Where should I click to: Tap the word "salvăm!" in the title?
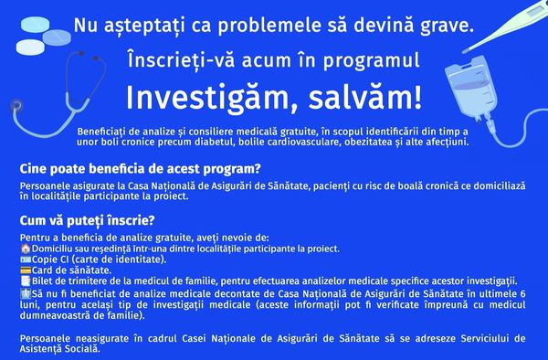pyautogui.click(x=365, y=98)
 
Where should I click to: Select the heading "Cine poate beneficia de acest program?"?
pyautogui.click(x=140, y=169)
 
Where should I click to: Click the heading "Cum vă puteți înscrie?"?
pyautogui.click(x=87, y=220)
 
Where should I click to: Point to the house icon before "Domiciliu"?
pyautogui.click(x=26, y=249)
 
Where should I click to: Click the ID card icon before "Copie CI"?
pyautogui.click(x=26, y=259)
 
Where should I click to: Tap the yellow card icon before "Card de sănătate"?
pyautogui.click(x=26, y=270)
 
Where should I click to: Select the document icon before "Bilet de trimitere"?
pyautogui.click(x=26, y=281)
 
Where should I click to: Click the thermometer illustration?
pyautogui.click(x=505, y=26)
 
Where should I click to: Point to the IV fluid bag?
pyautogui.click(x=470, y=90)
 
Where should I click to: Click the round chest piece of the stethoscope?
pyautogui.click(x=16, y=104)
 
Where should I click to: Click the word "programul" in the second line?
pyautogui.click(x=371, y=60)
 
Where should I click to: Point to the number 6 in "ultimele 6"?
pyautogui.click(x=522, y=294)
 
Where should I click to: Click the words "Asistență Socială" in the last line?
pyautogui.click(x=59, y=349)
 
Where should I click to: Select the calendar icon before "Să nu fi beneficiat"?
pyautogui.click(x=26, y=293)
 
